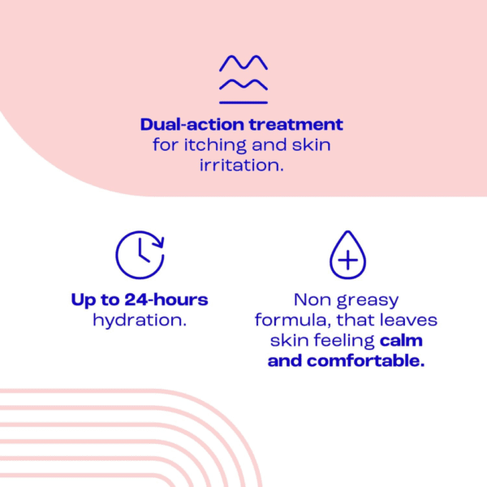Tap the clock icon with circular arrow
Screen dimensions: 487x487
(140, 255)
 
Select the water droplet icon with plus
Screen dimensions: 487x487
(347, 256)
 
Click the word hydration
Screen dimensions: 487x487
(140, 320)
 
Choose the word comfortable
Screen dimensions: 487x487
(365, 361)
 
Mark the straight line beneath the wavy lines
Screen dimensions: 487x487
(243, 101)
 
